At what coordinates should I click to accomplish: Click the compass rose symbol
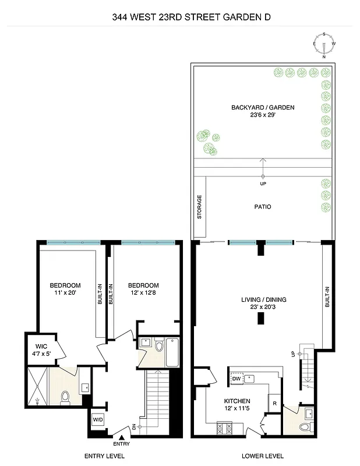[x=325, y=45]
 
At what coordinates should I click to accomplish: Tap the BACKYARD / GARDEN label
[x=263, y=107]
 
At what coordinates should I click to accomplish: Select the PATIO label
[x=262, y=207]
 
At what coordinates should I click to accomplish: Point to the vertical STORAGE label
[x=199, y=207]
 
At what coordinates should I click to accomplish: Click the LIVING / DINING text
[x=264, y=300]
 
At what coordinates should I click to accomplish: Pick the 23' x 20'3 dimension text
[x=264, y=308]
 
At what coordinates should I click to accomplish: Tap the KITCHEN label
[x=237, y=401]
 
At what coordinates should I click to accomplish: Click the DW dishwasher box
[x=236, y=379]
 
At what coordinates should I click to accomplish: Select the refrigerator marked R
[x=273, y=403]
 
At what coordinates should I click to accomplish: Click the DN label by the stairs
[x=134, y=427]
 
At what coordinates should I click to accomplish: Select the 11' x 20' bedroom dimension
[x=65, y=293]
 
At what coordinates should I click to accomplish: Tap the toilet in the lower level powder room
[x=304, y=427]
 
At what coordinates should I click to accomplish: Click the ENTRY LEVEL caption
[x=105, y=456]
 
